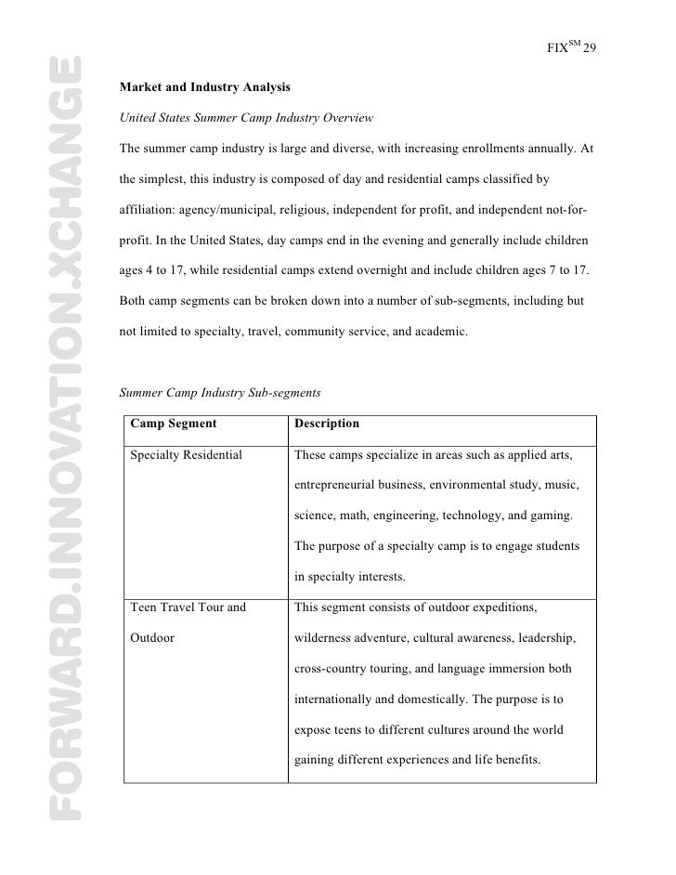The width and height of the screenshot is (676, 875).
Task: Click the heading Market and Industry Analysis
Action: click(x=205, y=88)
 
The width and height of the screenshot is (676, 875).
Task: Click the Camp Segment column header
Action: click(x=174, y=424)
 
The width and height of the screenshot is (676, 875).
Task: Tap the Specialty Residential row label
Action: click(x=187, y=455)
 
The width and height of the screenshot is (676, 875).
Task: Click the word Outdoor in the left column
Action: click(x=153, y=638)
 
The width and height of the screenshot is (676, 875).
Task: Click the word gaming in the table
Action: click(x=552, y=516)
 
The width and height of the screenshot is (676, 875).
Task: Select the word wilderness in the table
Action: click(x=325, y=638)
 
